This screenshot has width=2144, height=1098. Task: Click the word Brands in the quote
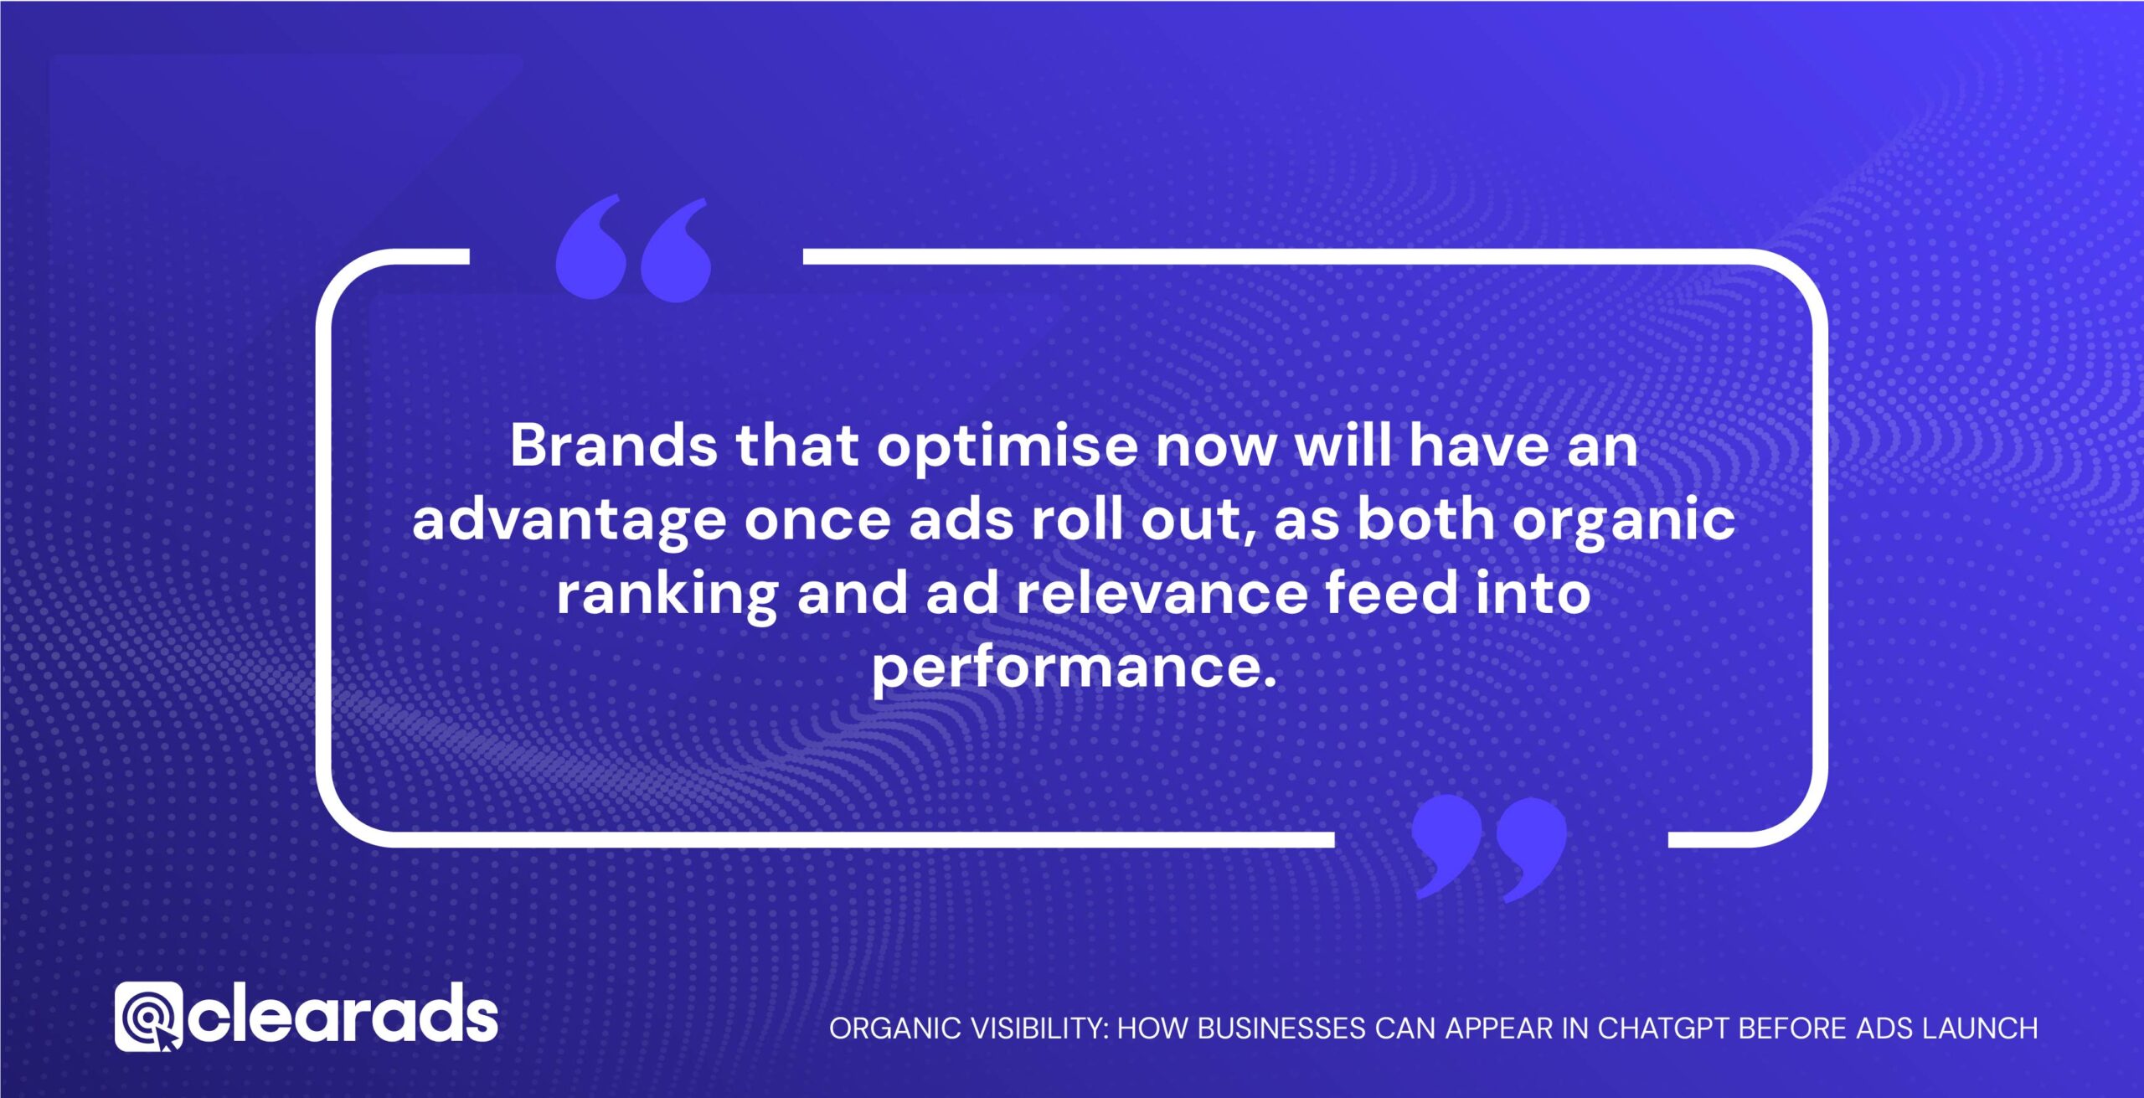click(613, 446)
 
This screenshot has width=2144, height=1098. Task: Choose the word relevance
click(1162, 593)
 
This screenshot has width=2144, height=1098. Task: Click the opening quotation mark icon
click(633, 249)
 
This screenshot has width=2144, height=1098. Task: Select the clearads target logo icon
click(148, 1017)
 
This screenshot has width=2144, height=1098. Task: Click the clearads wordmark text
click(342, 1017)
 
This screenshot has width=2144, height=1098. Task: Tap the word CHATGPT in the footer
click(1664, 1028)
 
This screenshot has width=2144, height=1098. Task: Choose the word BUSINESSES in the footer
click(1281, 1028)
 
